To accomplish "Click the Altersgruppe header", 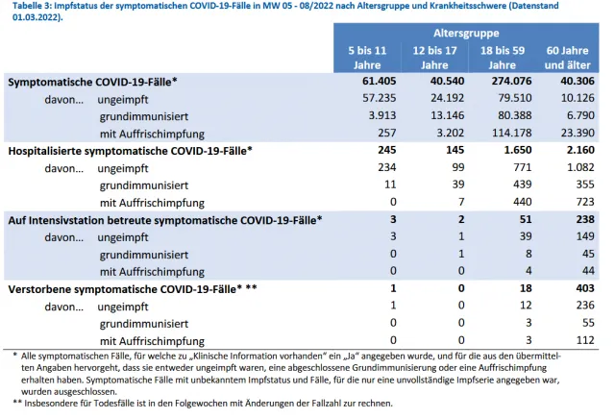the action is pyautogui.click(x=466, y=34).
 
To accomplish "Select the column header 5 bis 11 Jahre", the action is pyautogui.click(x=367, y=58).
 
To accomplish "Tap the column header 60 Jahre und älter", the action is pyautogui.click(x=567, y=58).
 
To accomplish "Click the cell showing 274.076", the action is pyautogui.click(x=511, y=81).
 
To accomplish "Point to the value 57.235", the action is pyautogui.click(x=379, y=98).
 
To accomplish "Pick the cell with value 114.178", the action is pyautogui.click(x=512, y=133).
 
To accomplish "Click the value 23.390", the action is pyautogui.click(x=578, y=133).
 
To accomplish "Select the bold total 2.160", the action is pyautogui.click(x=580, y=150).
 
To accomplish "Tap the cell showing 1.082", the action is pyautogui.click(x=580, y=167).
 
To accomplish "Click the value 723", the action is pyautogui.click(x=585, y=202).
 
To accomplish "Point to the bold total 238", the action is pyautogui.click(x=585, y=219).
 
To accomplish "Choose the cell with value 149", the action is pyautogui.click(x=585, y=236).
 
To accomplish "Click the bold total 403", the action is pyautogui.click(x=585, y=288).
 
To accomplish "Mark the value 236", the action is pyautogui.click(x=585, y=305).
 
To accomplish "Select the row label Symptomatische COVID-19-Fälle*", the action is pyautogui.click(x=92, y=82).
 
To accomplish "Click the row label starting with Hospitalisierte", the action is pyautogui.click(x=131, y=151).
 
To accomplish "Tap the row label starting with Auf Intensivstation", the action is pyautogui.click(x=165, y=220).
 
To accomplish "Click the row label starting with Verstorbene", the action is pyautogui.click(x=133, y=289).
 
